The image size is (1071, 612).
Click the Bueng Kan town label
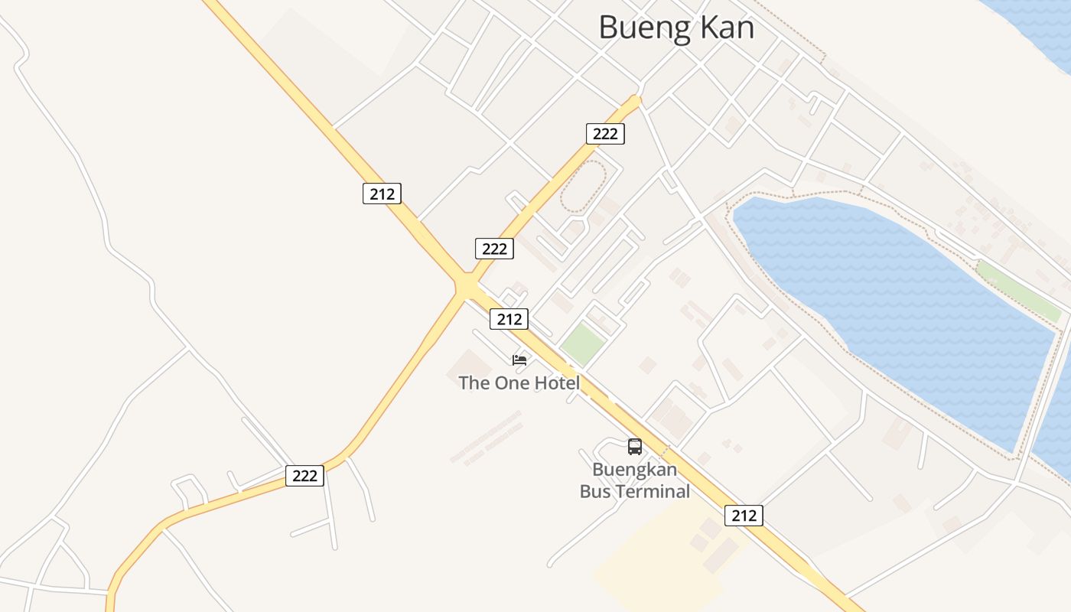click(676, 28)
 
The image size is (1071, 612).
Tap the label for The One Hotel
click(519, 382)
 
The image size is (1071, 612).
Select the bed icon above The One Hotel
click(519, 360)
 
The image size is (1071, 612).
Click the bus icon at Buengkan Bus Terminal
click(634, 447)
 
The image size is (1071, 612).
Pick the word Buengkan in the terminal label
click(634, 469)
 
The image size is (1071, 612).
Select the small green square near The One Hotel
click(582, 344)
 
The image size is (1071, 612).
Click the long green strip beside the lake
click(1018, 291)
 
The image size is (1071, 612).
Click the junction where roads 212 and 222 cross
click(466, 286)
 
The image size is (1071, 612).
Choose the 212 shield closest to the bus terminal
click(744, 515)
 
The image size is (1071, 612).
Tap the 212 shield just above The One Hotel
click(509, 319)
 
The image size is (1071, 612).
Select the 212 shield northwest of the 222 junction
click(382, 194)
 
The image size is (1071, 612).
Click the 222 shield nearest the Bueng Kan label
click(605, 134)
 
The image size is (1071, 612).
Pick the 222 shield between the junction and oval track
click(494, 249)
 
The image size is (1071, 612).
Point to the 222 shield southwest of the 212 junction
click(304, 476)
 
